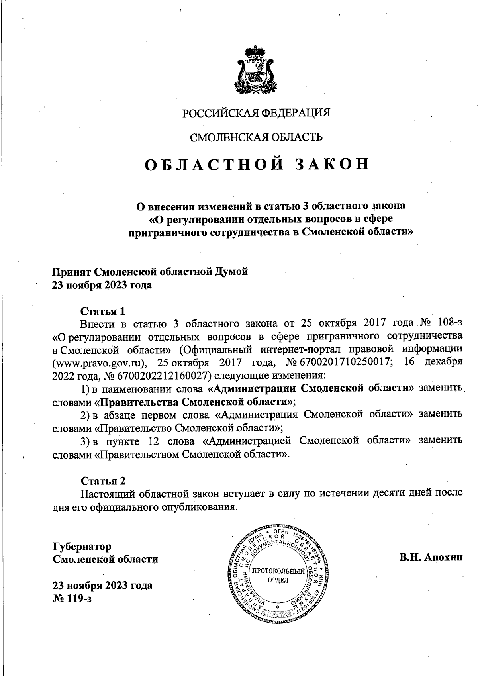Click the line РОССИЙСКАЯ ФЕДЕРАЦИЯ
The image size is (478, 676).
257,113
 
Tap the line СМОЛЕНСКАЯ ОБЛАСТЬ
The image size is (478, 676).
256,137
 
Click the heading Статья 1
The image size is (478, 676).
103,310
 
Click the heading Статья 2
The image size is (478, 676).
103,481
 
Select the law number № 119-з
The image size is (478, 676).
72,598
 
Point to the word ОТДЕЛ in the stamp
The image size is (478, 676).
278,580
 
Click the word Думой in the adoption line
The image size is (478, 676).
231,272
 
